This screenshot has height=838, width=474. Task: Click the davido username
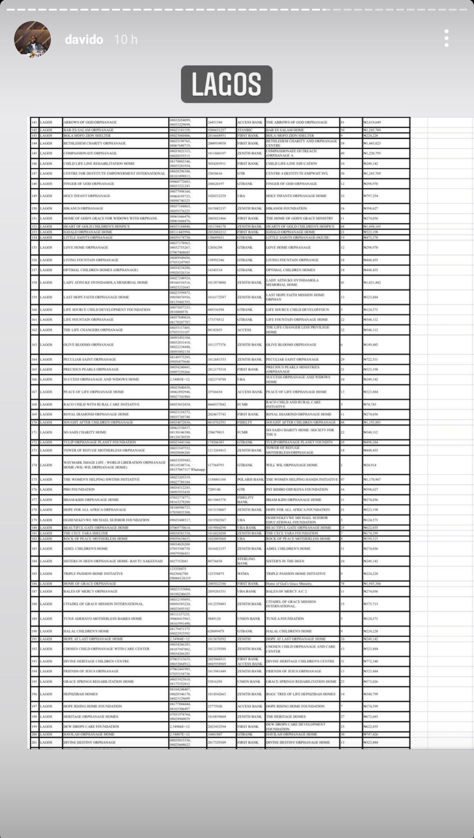[84, 40]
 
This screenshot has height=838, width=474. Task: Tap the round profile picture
[32, 39]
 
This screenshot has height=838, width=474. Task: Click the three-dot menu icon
[446, 39]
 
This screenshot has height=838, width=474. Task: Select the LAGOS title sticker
[226, 84]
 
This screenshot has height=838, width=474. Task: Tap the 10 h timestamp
[126, 40]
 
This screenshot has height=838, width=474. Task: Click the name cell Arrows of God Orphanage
[90, 122]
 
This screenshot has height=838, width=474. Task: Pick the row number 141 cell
[34, 122]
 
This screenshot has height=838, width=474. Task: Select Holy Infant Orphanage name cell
[87, 196]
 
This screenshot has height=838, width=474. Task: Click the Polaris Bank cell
[250, 480]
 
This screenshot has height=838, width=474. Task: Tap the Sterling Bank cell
[246, 561]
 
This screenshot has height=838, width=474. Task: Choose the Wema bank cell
[243, 574]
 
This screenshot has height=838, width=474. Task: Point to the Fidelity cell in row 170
[245, 422]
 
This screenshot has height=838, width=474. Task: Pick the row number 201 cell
[34, 742]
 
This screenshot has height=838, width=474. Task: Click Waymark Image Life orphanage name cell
[114, 465]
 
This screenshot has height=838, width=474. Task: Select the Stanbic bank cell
[245, 130]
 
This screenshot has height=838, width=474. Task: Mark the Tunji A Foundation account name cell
[285, 619]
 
